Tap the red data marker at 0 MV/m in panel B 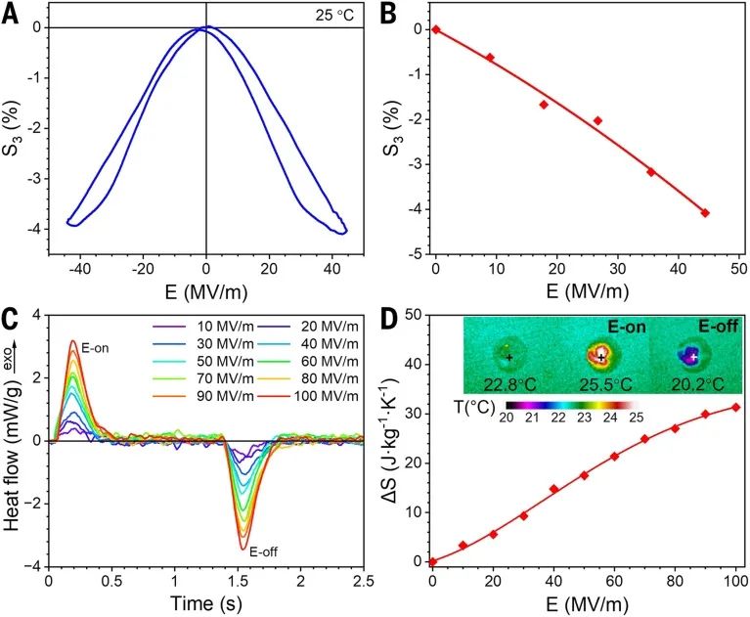click(x=436, y=29)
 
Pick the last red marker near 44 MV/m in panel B click(x=705, y=212)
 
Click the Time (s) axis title click(x=206, y=603)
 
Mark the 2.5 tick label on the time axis click(x=363, y=583)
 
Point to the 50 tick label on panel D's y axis click(x=412, y=315)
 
